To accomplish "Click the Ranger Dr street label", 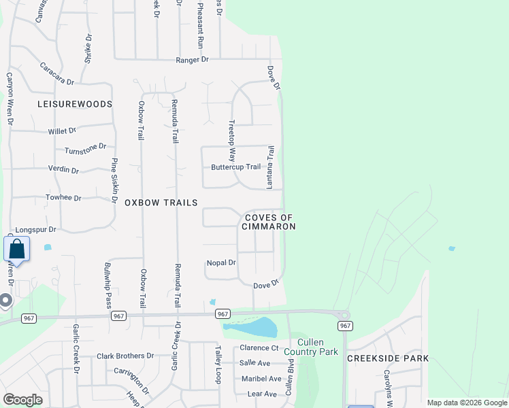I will (x=192, y=60).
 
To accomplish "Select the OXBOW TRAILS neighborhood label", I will (x=161, y=203).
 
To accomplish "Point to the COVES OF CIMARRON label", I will (x=269, y=221).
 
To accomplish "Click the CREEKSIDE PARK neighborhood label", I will (x=388, y=358).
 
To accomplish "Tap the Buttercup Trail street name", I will (x=235, y=167).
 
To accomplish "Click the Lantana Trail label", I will (x=270, y=167).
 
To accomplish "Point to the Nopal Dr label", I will (x=221, y=262).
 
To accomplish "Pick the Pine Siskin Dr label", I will (x=114, y=181).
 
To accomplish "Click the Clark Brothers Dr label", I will (x=125, y=356).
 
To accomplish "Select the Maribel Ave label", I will (x=261, y=379).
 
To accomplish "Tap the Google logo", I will (x=22, y=400).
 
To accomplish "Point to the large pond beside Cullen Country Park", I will (x=252, y=328).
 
